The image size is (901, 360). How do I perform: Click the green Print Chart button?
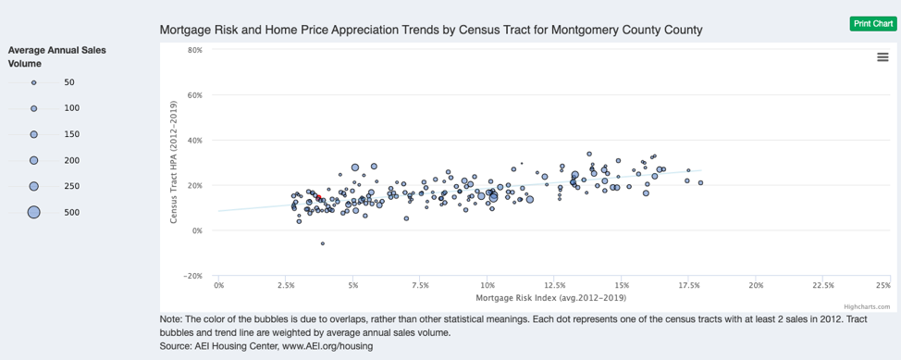coord(872,23)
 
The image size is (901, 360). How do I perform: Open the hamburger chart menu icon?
coord(882,57)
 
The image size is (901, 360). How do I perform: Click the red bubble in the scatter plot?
coord(319,197)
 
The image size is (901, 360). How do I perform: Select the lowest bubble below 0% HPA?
coord(322,243)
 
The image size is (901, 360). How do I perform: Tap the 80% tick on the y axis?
coord(194,50)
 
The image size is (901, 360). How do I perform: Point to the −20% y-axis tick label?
coord(193,276)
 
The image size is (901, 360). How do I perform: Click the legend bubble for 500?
coord(34,212)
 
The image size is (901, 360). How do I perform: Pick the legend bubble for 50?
coord(34,82)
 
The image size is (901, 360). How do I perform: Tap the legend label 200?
coord(71,160)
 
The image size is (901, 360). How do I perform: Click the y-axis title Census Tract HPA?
coord(173,163)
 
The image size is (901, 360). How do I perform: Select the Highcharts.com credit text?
coord(866,306)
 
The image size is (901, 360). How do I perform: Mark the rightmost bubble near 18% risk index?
coord(701,183)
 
